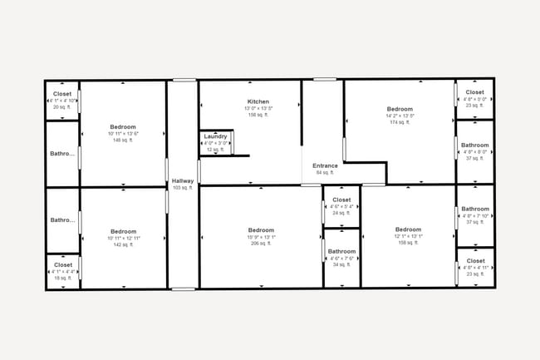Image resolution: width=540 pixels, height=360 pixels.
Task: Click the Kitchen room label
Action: [x=258, y=101]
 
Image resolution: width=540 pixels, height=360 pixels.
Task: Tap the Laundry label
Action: [x=215, y=136]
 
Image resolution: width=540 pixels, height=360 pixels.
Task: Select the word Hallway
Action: [x=182, y=180]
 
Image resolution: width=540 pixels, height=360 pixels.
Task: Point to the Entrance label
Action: [x=325, y=165]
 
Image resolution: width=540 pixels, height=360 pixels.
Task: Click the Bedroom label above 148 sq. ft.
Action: [x=123, y=127]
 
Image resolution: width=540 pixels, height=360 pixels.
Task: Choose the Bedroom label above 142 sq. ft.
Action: [x=123, y=231]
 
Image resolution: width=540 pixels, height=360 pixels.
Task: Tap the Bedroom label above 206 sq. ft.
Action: [x=261, y=230]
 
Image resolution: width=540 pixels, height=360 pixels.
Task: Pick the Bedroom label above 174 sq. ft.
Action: [x=400, y=109]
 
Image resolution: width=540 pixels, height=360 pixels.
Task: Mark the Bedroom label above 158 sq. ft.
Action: [x=408, y=229]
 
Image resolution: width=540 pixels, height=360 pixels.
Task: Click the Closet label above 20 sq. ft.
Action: [x=62, y=94]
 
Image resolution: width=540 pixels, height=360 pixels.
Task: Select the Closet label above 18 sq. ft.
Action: [x=62, y=264]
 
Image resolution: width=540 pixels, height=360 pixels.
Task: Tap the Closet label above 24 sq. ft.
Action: [x=341, y=200]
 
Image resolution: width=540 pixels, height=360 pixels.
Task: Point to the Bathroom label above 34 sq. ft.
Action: [x=341, y=251]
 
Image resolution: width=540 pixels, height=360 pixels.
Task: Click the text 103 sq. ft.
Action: [x=182, y=188]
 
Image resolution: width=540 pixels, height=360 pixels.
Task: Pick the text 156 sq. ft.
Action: [x=258, y=115]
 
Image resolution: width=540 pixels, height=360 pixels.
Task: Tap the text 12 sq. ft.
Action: [x=215, y=150]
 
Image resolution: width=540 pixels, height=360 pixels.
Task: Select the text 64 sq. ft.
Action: [x=325, y=173]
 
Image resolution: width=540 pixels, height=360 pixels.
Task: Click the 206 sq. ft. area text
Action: [x=261, y=244]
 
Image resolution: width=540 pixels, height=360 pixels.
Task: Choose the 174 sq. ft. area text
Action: [x=400, y=122]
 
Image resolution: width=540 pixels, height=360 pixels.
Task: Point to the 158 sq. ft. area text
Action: [x=408, y=243]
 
